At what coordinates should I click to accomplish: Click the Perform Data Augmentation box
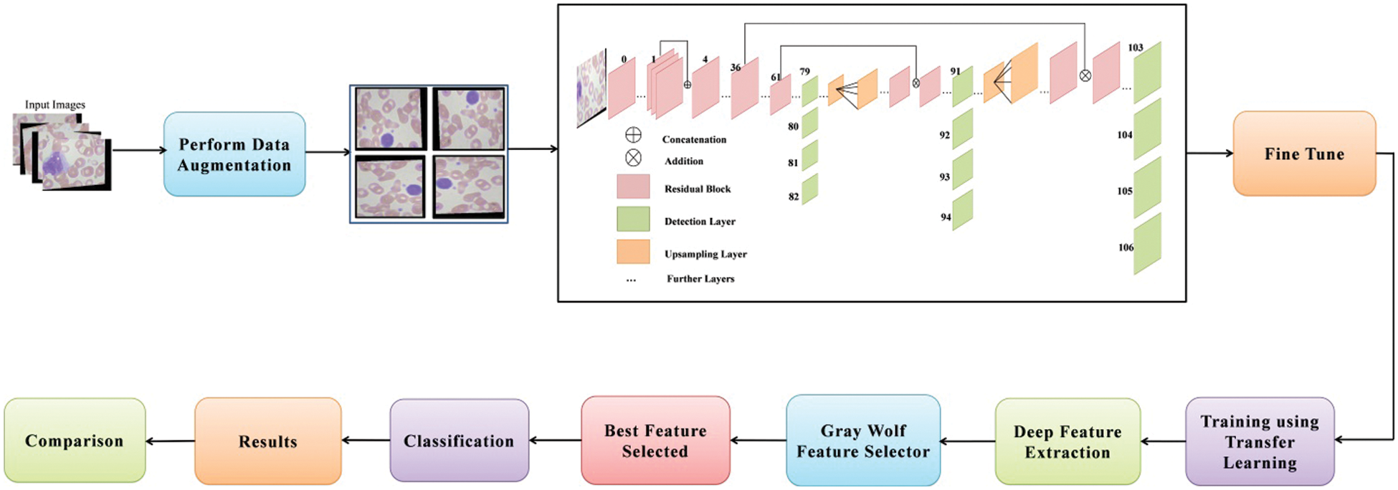[x=234, y=154]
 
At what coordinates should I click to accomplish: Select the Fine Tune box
[x=1304, y=154]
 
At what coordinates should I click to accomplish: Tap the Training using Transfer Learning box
[x=1260, y=441]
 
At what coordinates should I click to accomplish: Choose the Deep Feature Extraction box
[x=1067, y=441]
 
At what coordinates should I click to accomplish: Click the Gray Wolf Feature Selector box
[x=862, y=440]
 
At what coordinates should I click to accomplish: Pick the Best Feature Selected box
[x=655, y=440]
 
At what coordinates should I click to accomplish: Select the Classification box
[x=459, y=440]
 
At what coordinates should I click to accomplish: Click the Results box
[x=267, y=441]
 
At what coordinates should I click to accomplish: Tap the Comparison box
[x=75, y=440]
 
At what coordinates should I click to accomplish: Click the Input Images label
[x=55, y=105]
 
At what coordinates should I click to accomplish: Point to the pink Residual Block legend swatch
[x=633, y=187]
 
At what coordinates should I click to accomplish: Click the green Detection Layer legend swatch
[x=633, y=219]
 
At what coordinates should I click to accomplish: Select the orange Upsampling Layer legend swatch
[x=633, y=252]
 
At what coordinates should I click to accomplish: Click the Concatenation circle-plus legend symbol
[x=633, y=136]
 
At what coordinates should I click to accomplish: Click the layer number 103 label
[x=1136, y=48]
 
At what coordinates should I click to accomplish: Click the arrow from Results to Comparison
[x=170, y=441]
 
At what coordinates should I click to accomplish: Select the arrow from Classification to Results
[x=366, y=440]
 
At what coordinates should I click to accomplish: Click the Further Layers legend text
[x=700, y=278]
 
